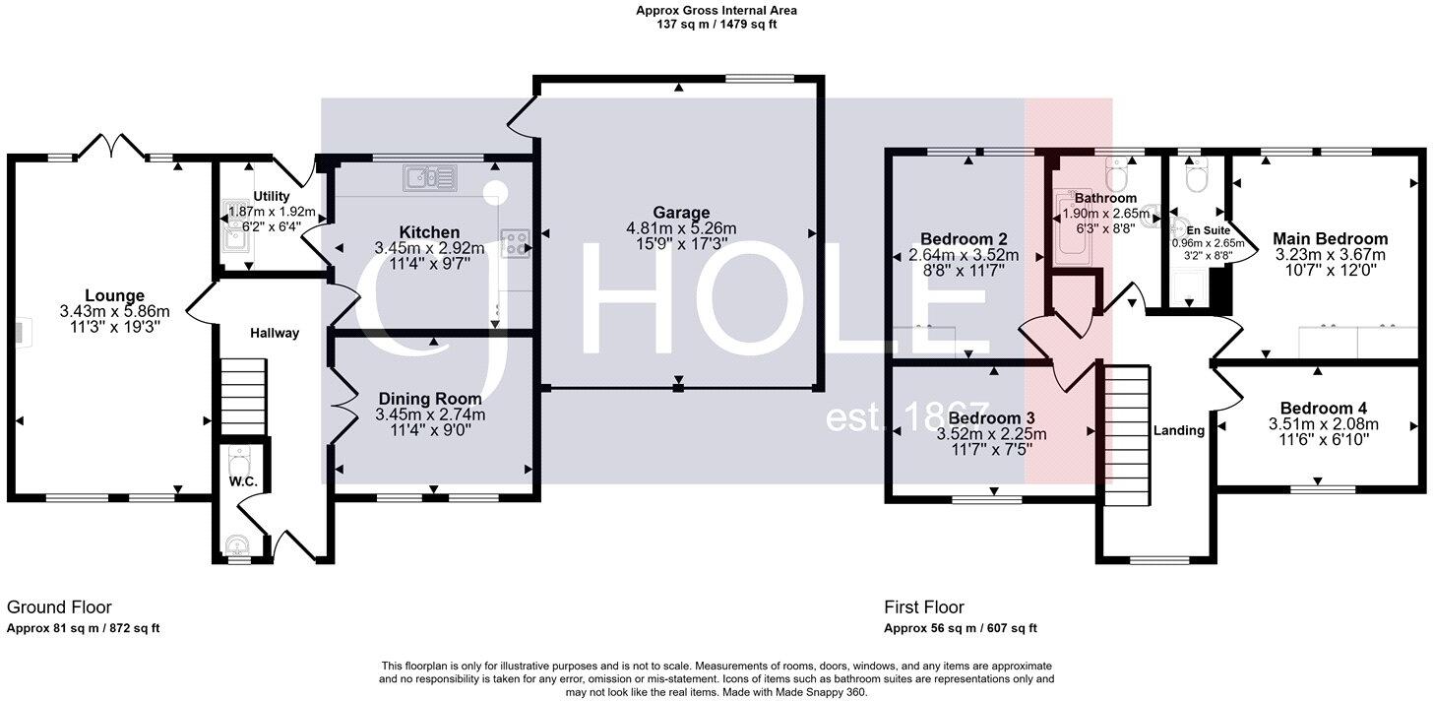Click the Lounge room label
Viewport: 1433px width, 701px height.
click(114, 295)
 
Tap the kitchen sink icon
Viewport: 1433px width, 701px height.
click(428, 178)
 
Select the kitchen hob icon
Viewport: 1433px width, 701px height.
click(515, 243)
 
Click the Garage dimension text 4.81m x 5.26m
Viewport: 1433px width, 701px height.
click(680, 228)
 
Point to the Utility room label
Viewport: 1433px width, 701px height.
click(271, 197)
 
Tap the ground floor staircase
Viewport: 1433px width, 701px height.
click(242, 397)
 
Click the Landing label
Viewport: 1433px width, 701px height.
click(1178, 430)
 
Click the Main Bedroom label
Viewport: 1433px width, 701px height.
click(1330, 238)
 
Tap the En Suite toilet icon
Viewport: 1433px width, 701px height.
click(1196, 178)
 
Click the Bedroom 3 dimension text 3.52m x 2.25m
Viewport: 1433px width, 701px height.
click(991, 433)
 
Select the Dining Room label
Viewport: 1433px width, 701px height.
click(430, 399)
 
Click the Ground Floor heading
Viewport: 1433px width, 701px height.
click(59, 607)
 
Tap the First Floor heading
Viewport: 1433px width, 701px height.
click(923, 607)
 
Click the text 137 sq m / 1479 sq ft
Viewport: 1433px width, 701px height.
click(716, 25)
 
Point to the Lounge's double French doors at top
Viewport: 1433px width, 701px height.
click(112, 148)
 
